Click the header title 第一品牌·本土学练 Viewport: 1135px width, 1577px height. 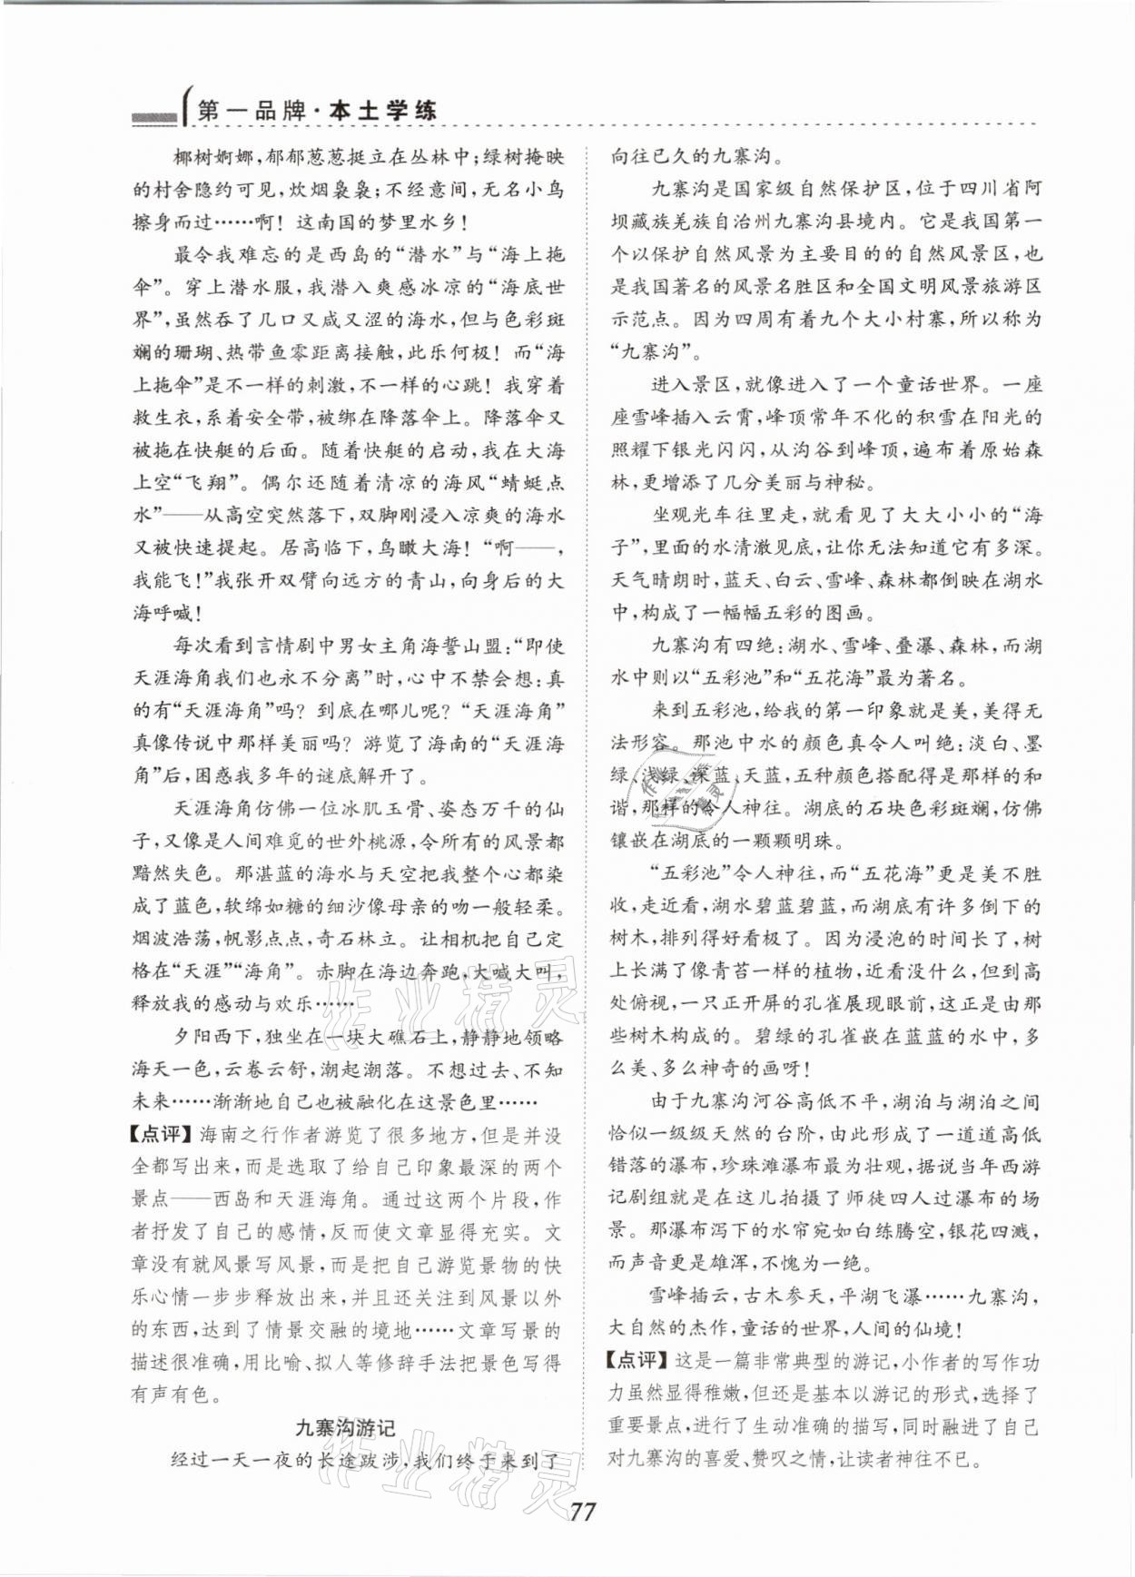pyautogui.click(x=316, y=112)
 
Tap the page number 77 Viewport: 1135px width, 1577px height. pyautogui.click(x=582, y=1513)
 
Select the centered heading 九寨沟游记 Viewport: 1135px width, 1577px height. pyautogui.click(x=346, y=1427)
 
